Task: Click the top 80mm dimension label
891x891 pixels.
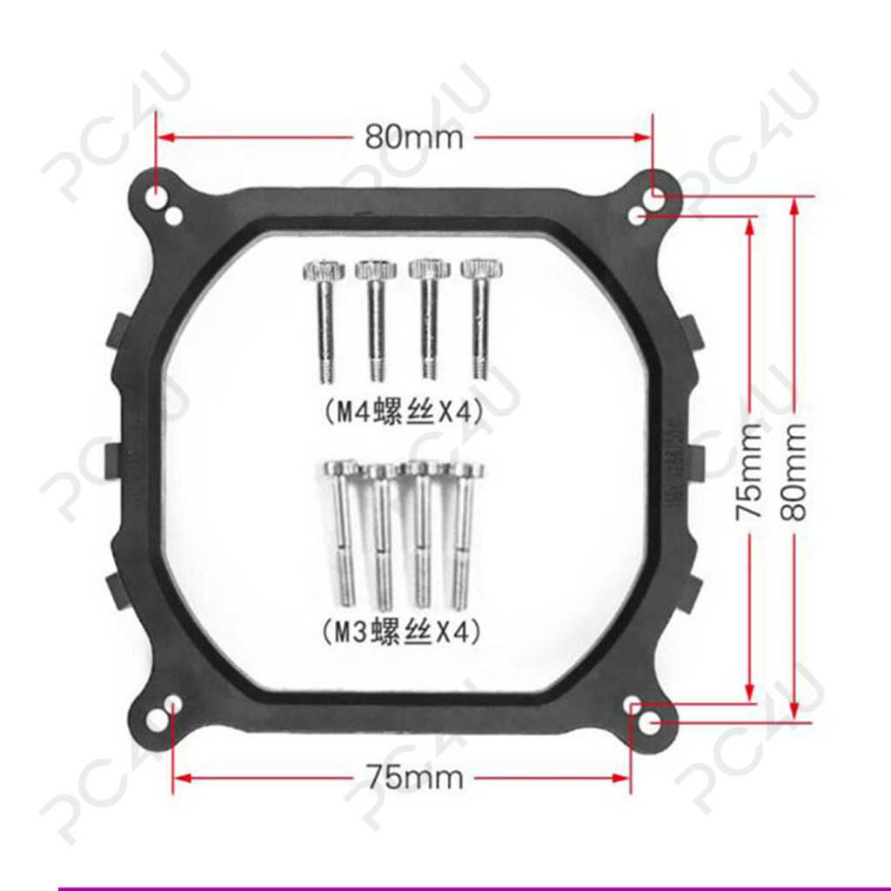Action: tap(413, 137)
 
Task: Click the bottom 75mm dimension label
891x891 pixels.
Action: tap(415, 777)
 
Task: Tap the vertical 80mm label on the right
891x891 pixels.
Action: tap(794, 471)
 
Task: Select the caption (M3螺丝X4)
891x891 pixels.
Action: tap(402, 632)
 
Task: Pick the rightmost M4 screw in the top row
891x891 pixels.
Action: tap(482, 318)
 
